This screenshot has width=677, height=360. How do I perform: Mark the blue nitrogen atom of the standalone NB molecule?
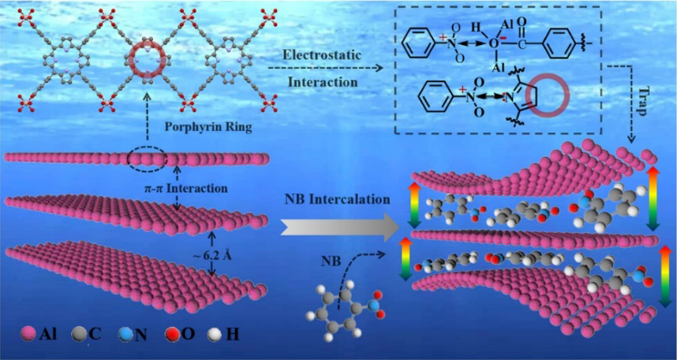pos(372,300)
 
